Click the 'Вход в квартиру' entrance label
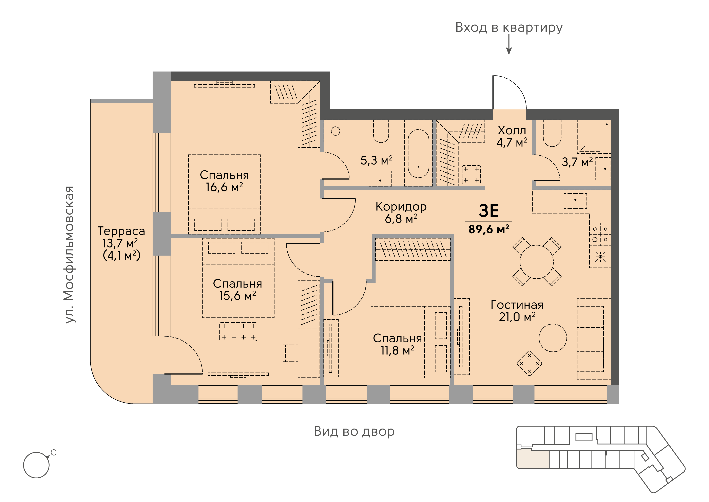(x=509, y=28)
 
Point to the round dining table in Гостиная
(x=537, y=262)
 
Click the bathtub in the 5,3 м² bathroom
(x=418, y=153)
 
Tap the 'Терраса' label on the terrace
(x=121, y=231)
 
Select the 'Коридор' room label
(x=401, y=207)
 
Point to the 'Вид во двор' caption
(x=354, y=431)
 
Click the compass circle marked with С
(x=36, y=465)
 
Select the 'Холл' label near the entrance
(x=512, y=131)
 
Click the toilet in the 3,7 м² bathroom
(x=552, y=133)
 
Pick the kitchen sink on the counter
(x=575, y=201)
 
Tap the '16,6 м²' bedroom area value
(x=225, y=187)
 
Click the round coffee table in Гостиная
(x=553, y=338)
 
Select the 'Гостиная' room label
(x=517, y=305)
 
